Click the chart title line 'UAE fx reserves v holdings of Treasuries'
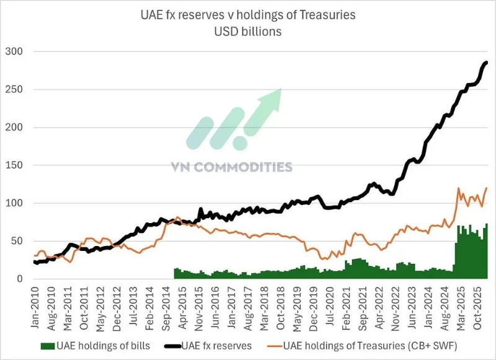[x=248, y=15]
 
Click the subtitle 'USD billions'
[x=248, y=32]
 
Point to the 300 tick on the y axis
[x=14, y=51]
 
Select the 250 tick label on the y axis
[x=14, y=90]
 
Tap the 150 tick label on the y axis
[x=14, y=165]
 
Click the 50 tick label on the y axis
[x=17, y=241]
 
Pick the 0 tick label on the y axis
[x=19, y=279]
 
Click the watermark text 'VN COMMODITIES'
[x=231, y=167]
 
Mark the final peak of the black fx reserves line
[x=486, y=62]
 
